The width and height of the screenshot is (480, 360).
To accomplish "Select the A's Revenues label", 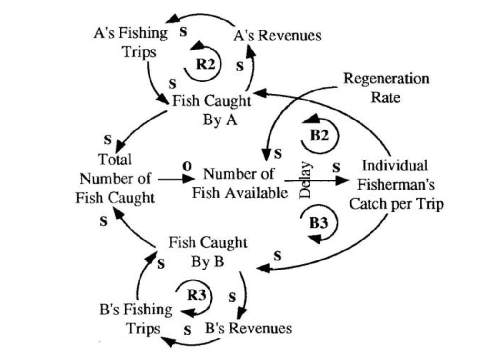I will tap(278, 35).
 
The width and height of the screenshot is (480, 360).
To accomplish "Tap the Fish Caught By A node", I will tap(211, 110).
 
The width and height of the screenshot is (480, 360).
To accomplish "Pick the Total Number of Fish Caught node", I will tap(115, 179).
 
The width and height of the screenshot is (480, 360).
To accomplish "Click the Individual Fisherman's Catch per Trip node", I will tap(396, 185).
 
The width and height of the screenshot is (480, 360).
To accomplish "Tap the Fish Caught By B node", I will tap(208, 252).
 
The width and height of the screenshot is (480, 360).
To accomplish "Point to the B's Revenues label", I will tap(248, 328).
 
